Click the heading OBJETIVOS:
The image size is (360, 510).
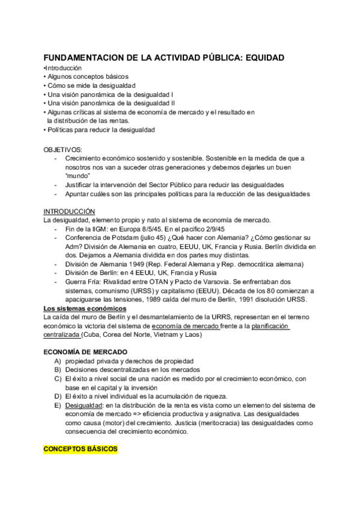63,149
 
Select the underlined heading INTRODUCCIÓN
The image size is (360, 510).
69,212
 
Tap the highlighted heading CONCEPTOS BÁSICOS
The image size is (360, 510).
81,449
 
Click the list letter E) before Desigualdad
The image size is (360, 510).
58,405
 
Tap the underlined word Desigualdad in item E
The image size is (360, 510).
84,405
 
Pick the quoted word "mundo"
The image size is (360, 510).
78,175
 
